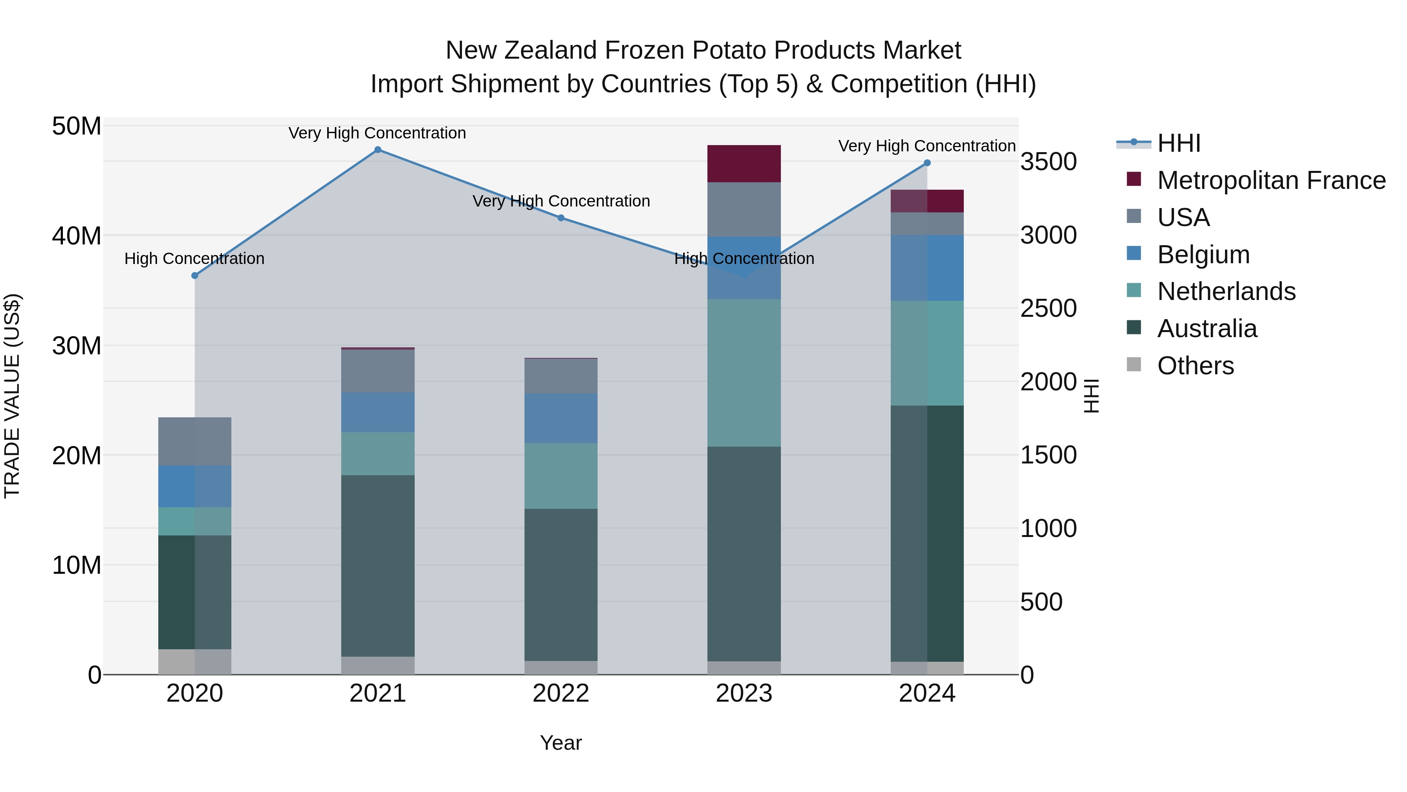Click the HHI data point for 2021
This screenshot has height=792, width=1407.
(378, 150)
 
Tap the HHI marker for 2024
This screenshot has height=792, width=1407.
(927, 163)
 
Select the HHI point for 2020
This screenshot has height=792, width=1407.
(195, 275)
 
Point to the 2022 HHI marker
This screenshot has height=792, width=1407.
(561, 218)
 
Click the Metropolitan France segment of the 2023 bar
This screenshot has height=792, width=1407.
(744, 164)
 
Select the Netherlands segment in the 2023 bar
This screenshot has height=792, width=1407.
(744, 373)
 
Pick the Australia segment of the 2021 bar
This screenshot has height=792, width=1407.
(378, 566)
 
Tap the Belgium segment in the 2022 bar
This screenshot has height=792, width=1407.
(561, 418)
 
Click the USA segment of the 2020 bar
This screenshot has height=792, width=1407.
(195, 442)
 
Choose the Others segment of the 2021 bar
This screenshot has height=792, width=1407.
(378, 665)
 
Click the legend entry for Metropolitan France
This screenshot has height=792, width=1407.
(1271, 180)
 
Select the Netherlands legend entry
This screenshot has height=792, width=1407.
(1226, 291)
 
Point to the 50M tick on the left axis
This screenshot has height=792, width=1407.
(77, 126)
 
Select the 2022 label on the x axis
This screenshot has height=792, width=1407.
(561, 693)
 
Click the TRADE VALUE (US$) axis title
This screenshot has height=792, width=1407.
(12, 396)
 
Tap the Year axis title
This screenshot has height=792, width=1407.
(561, 743)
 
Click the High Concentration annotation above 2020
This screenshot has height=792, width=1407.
(195, 259)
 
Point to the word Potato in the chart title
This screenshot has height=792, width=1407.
(730, 50)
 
